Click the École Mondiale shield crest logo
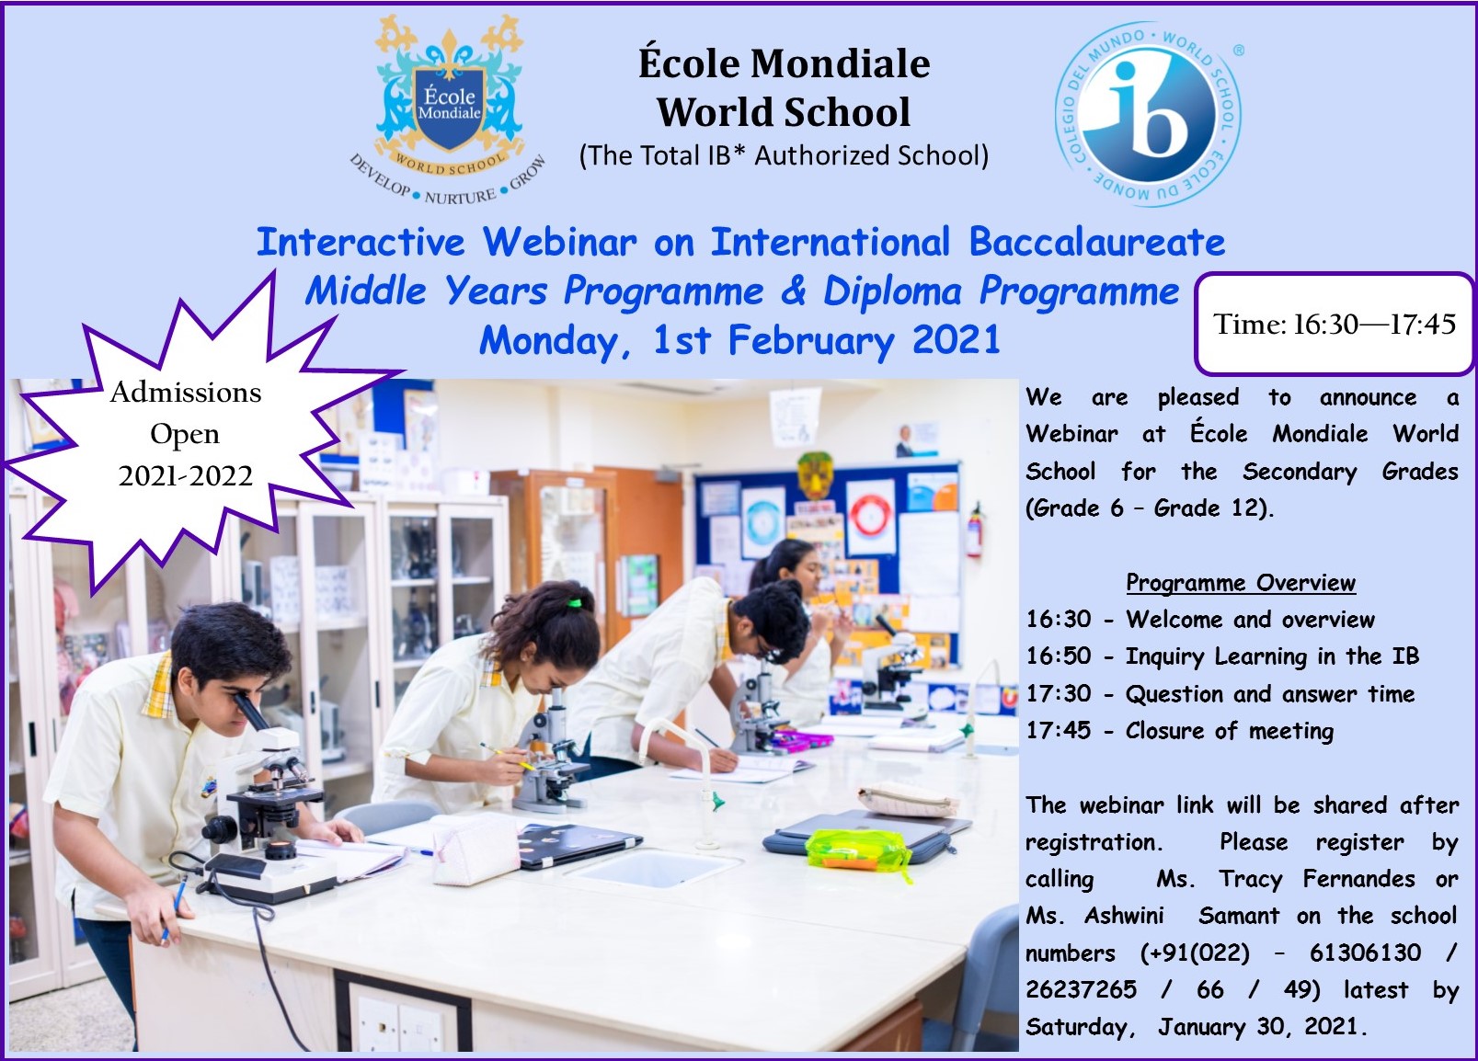pyautogui.click(x=449, y=108)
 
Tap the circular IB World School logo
pyautogui.click(x=1149, y=115)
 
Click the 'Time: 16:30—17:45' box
pyautogui.click(x=1335, y=324)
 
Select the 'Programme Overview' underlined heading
pyautogui.click(x=1241, y=583)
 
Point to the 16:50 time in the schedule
pyautogui.click(x=1059, y=656)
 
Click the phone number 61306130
pyautogui.click(x=1365, y=953)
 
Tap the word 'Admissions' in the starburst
pyautogui.click(x=186, y=393)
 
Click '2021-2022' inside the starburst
pyautogui.click(x=186, y=475)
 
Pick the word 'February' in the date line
pyautogui.click(x=811, y=341)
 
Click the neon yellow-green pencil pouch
pyautogui.click(x=857, y=850)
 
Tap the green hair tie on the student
pyautogui.click(x=575, y=603)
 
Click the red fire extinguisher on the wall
pyautogui.click(x=974, y=530)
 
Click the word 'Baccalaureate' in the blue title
pyautogui.click(x=1096, y=242)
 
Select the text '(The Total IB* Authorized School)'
pyautogui.click(x=784, y=155)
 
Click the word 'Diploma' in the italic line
pyautogui.click(x=892, y=291)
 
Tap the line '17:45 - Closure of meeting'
pyautogui.click(x=1180, y=731)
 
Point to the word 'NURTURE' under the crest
pyautogui.click(x=460, y=197)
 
